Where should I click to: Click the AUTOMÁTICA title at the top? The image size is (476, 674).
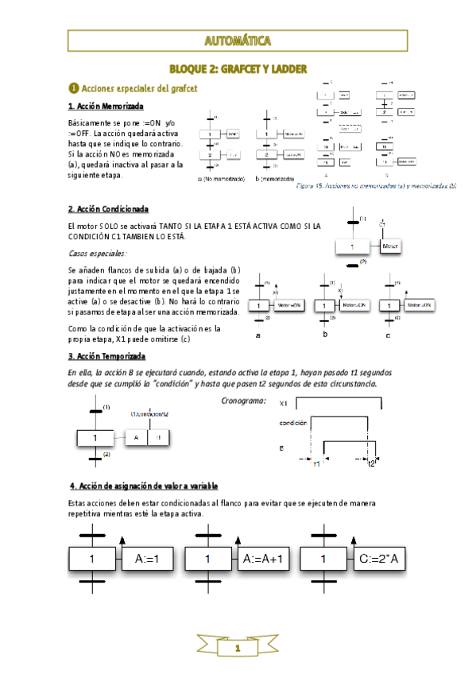tap(238, 41)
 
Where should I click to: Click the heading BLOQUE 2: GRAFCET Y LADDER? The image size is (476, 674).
tap(238, 70)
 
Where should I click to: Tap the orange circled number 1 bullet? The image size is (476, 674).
tap(74, 87)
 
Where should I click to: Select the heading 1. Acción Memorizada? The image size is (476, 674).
tap(106, 106)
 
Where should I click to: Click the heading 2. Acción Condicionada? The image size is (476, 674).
tap(108, 209)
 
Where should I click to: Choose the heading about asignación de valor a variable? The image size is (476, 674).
tap(144, 485)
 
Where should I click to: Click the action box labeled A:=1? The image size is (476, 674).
tap(148, 559)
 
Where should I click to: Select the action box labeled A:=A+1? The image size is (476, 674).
tap(264, 559)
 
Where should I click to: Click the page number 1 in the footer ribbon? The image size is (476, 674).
tap(237, 649)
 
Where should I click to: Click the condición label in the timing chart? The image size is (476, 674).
tap(293, 424)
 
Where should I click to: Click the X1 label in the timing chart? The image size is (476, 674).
tap(284, 403)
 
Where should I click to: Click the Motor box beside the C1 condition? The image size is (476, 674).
tap(389, 247)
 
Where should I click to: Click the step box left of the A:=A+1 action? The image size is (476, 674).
tap(207, 559)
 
